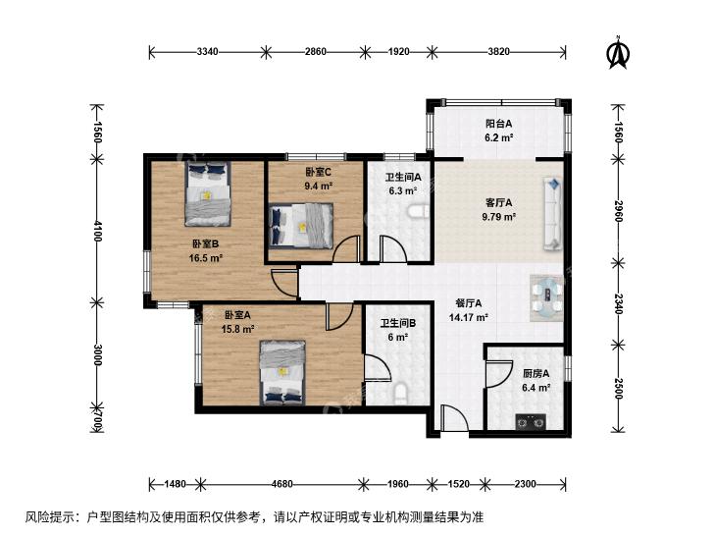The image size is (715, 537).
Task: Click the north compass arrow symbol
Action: tap(618, 53)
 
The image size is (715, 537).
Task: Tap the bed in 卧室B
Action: tap(208, 193)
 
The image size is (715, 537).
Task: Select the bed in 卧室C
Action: tap(301, 226)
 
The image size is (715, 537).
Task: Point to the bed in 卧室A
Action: tap(282, 372)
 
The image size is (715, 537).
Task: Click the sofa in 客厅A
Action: tap(552, 214)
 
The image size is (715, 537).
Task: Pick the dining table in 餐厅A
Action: tap(546, 297)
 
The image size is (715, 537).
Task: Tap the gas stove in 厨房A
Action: tap(531, 422)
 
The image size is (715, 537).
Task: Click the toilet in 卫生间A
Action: tap(417, 211)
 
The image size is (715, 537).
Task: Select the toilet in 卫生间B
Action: tap(400, 395)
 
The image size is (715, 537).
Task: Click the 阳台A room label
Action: tap(498, 123)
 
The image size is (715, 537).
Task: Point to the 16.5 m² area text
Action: tap(206, 258)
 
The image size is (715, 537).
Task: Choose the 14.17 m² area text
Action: tap(469, 317)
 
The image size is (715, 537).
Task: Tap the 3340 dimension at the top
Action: tap(207, 52)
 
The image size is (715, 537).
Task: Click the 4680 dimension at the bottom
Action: tap(281, 484)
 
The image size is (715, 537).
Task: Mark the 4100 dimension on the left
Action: tap(97, 231)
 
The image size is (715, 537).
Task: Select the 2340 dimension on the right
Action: tap(618, 303)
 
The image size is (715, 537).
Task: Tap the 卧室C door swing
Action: tap(346, 249)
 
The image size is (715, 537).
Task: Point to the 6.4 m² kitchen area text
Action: tap(536, 388)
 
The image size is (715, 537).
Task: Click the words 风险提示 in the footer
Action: tap(45, 517)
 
